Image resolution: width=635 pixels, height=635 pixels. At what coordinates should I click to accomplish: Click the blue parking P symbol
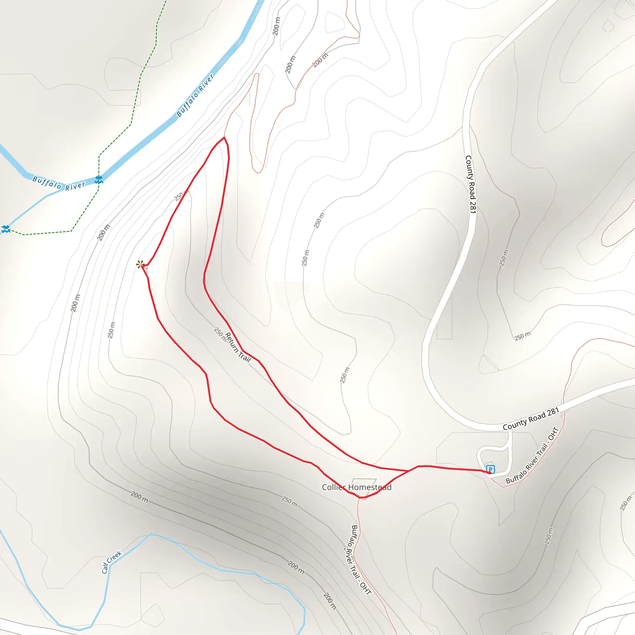[490, 469]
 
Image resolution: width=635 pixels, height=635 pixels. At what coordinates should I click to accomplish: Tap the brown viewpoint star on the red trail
[140, 264]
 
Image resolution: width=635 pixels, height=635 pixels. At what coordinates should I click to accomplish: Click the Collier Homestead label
[357, 487]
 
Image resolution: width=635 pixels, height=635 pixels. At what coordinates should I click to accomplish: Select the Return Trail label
[238, 347]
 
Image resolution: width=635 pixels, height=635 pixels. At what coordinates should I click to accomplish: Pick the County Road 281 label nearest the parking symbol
[531, 419]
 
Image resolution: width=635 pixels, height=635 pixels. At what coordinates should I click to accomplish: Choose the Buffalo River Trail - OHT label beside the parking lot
[532, 455]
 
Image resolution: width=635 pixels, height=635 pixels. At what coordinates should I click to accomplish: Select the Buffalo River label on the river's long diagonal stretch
[195, 95]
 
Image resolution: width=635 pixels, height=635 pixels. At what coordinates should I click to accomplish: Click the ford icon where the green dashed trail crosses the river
[99, 180]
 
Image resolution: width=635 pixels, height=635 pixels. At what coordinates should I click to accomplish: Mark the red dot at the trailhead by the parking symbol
[489, 473]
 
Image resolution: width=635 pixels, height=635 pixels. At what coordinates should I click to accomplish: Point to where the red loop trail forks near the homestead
[409, 471]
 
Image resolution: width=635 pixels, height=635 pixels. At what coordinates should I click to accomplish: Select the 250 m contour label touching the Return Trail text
[220, 334]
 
